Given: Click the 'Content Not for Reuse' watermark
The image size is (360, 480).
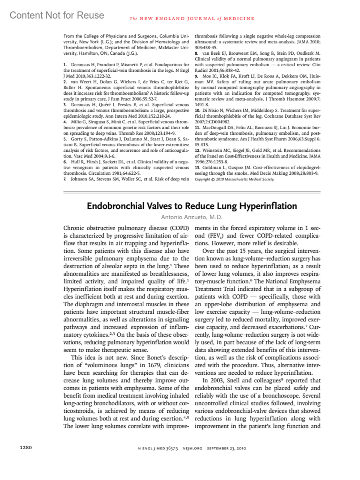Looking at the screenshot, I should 57,15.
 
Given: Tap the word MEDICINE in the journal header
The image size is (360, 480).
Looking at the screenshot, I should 239,19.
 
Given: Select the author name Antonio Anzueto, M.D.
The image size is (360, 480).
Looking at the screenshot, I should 192,217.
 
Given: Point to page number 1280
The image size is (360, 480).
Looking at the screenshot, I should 25,448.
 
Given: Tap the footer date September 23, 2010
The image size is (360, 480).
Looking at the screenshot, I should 226,448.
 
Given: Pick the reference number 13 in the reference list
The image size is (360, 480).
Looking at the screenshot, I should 197,168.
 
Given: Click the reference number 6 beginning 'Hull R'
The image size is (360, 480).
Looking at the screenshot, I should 65,162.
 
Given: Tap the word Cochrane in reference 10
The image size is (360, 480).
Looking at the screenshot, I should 273,116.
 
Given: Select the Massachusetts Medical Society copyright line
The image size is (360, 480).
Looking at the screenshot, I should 234,179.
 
